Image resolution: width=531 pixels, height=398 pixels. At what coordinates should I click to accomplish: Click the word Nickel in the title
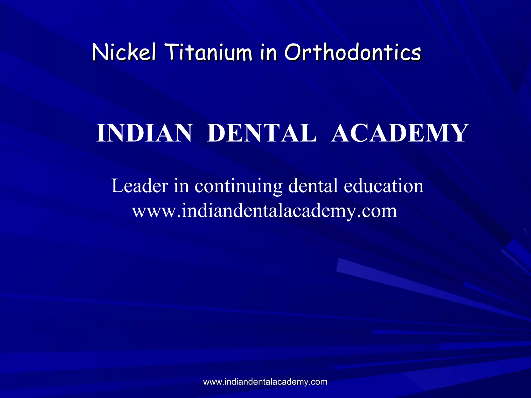(x=124, y=53)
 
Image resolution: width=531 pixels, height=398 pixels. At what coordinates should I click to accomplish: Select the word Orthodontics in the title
(x=353, y=53)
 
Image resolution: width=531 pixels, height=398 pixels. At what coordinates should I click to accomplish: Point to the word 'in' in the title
(x=268, y=53)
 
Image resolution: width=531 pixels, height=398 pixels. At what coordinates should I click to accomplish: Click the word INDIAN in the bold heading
(x=144, y=133)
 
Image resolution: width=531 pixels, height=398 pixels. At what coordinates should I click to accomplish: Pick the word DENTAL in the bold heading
(x=262, y=133)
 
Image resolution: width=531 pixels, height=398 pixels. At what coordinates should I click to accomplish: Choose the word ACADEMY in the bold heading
(x=399, y=133)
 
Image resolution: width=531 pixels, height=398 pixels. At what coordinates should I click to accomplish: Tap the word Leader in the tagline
(x=140, y=186)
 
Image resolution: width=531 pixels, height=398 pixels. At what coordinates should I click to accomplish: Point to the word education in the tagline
(x=384, y=186)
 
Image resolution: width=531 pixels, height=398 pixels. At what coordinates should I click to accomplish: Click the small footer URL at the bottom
(x=265, y=382)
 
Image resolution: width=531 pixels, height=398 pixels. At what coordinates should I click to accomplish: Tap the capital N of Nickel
(x=100, y=53)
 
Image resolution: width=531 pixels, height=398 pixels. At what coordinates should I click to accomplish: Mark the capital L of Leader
(x=116, y=186)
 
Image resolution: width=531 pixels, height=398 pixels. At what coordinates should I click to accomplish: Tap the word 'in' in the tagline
(x=181, y=186)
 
